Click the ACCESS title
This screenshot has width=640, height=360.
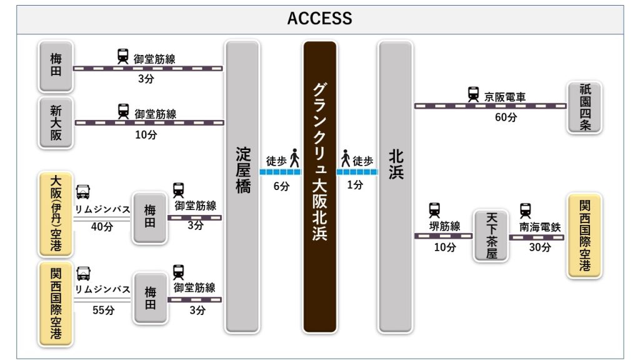click(319, 19)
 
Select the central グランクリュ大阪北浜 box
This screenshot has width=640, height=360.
click(319, 186)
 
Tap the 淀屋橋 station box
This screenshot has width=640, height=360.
click(242, 186)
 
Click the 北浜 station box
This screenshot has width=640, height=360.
click(396, 186)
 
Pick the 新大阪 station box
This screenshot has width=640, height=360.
click(56, 122)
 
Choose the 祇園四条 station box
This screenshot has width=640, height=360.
click(584, 106)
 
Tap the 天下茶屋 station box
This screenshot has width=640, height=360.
click(490, 235)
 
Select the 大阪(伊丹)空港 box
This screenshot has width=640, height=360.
click(56, 214)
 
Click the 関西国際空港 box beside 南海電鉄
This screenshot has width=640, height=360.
click(584, 235)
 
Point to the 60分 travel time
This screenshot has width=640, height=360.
click(506, 117)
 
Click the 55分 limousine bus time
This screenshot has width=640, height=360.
click(102, 311)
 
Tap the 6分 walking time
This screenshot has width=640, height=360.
click(281, 186)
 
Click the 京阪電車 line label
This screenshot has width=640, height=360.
click(505, 97)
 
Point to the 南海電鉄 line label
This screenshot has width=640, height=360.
click(540, 227)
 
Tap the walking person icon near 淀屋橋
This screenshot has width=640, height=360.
click(294, 159)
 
